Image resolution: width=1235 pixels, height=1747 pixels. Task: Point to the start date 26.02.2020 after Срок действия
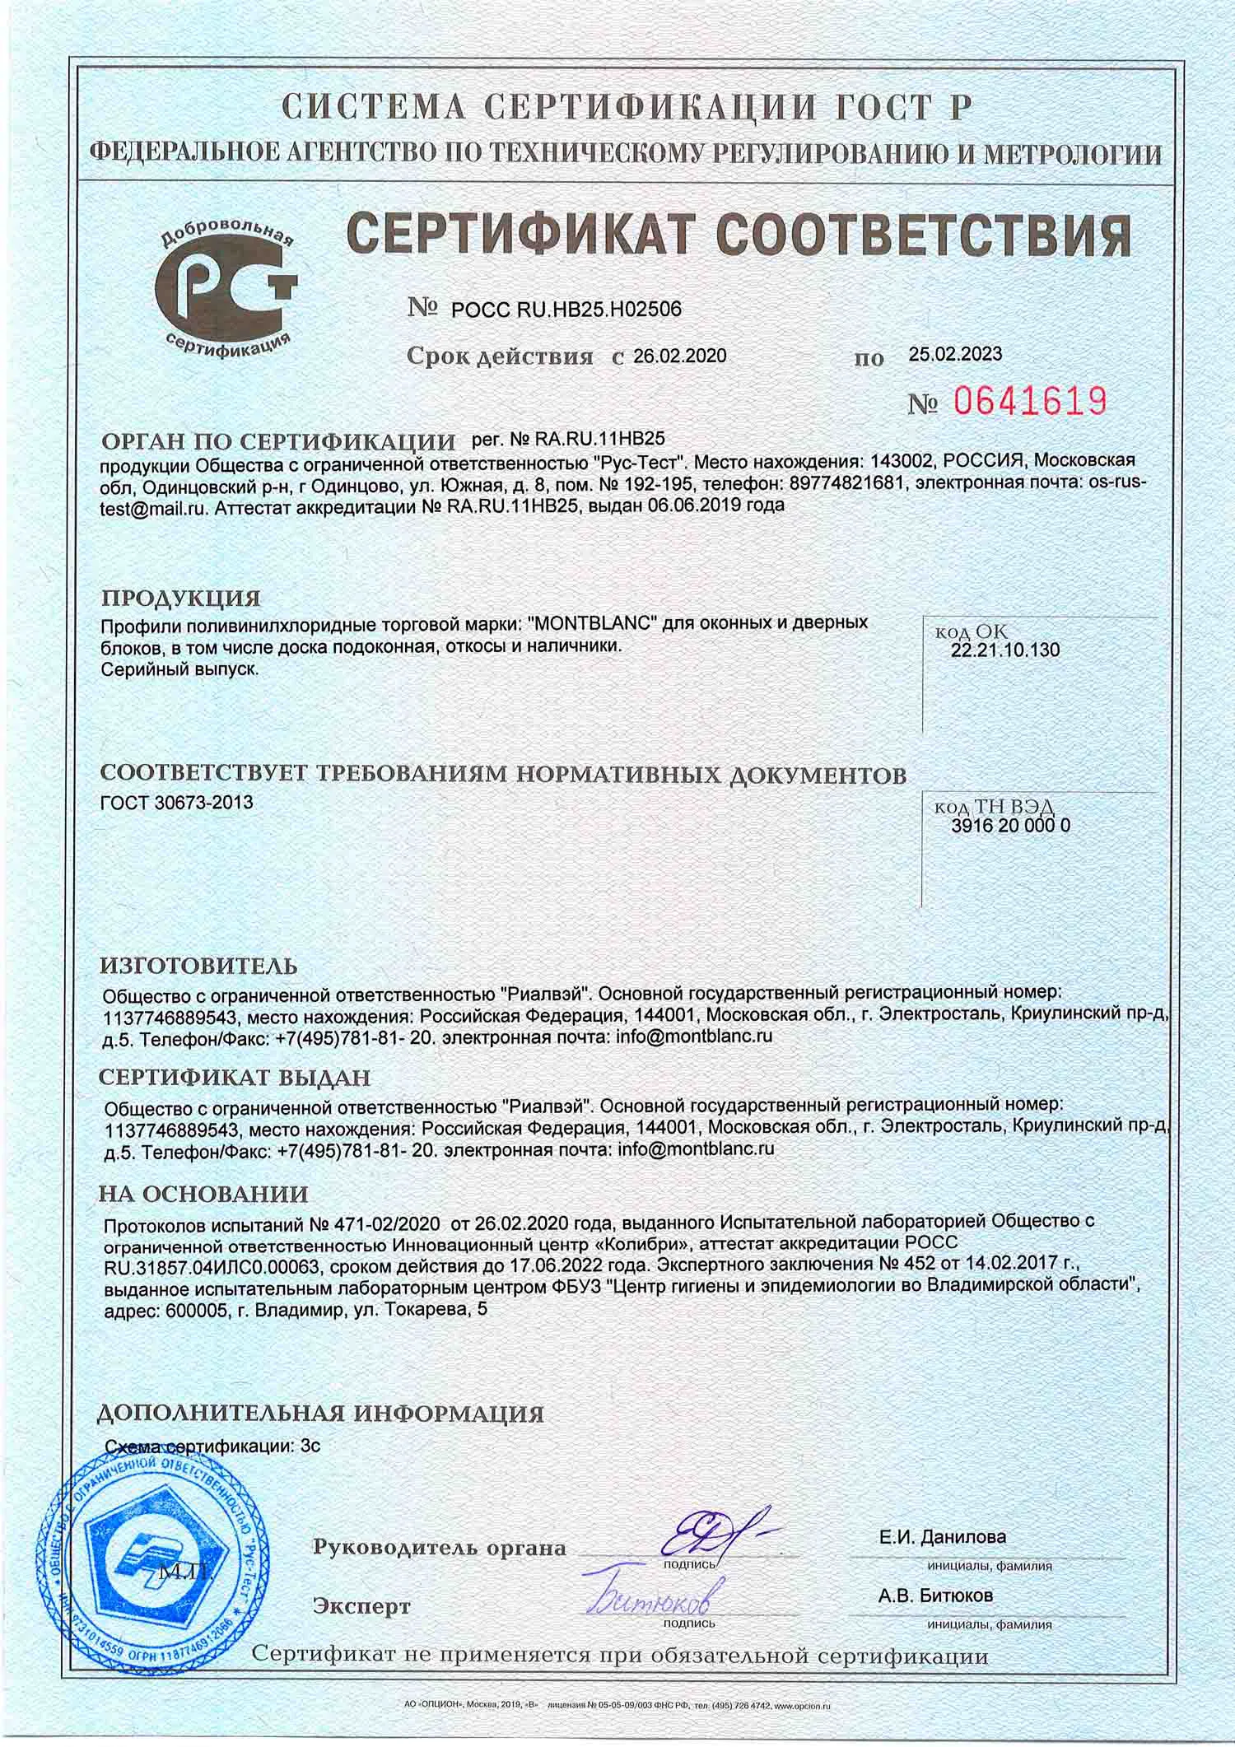[680, 356]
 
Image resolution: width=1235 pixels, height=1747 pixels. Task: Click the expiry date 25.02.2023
[955, 354]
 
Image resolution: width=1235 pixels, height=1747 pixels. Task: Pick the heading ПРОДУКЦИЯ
[180, 597]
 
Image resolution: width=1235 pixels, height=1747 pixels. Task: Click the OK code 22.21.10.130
[1005, 650]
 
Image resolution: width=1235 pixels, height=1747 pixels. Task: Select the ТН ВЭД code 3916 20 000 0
[1010, 827]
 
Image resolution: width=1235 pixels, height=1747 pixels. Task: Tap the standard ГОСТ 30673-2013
[176, 802]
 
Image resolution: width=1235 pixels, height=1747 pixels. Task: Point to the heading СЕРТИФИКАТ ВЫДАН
[235, 1078]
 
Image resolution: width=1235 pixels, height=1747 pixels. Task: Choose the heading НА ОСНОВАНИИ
[203, 1194]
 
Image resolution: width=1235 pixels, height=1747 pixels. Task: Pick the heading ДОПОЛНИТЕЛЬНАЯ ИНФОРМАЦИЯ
[320, 1414]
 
